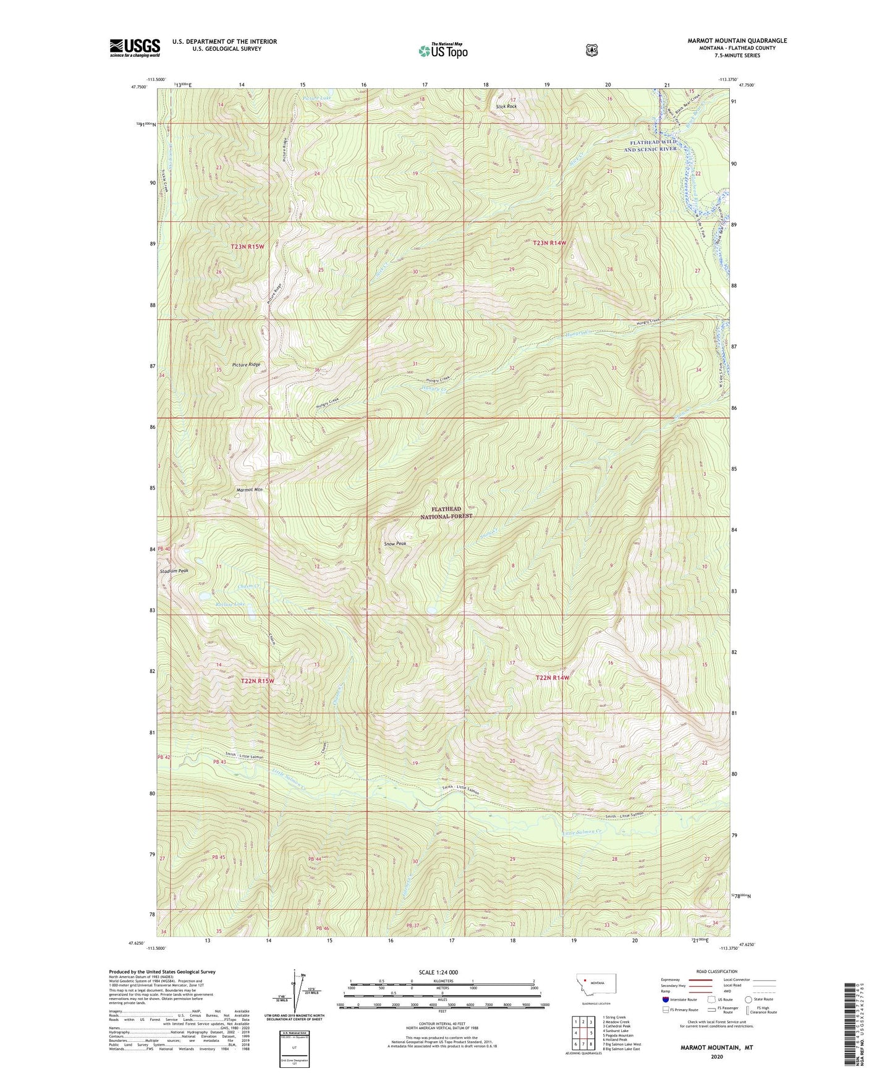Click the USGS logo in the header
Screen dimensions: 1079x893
(x=135, y=47)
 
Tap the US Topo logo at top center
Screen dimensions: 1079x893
(x=442, y=51)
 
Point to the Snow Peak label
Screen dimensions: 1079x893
(x=396, y=544)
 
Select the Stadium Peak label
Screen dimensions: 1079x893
(x=174, y=571)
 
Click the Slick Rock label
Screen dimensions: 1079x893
(x=506, y=106)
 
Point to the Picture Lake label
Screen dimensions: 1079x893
(x=318, y=98)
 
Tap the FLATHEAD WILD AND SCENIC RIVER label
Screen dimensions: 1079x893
(x=650, y=146)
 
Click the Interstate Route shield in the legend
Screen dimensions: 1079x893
(x=665, y=999)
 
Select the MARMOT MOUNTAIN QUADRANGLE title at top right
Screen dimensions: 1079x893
(x=737, y=41)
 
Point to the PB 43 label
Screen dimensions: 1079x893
(x=219, y=761)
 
